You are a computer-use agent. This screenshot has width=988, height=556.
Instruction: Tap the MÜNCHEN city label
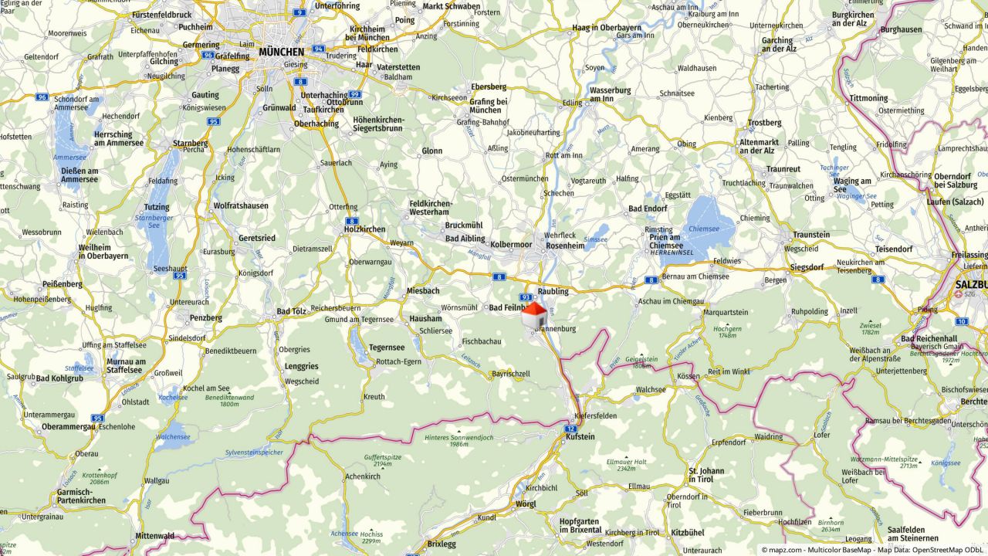(282, 52)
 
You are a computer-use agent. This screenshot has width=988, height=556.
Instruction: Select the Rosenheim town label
(566, 246)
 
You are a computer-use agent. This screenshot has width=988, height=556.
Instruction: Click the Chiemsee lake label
(703, 229)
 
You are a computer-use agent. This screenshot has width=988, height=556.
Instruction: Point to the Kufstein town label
(580, 437)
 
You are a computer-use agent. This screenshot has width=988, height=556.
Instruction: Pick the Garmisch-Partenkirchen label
(81, 496)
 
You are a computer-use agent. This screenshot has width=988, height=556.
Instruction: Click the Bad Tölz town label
(292, 311)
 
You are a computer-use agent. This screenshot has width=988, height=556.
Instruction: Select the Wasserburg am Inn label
(610, 94)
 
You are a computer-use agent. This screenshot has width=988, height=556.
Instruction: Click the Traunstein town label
(811, 235)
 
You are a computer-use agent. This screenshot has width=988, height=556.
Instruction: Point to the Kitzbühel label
(687, 533)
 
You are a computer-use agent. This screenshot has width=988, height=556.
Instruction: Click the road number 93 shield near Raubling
(526, 297)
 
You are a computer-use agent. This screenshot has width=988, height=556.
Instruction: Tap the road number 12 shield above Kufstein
(570, 428)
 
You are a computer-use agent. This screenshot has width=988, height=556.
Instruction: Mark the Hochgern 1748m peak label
(728, 332)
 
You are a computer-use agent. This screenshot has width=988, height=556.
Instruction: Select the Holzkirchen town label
(365, 229)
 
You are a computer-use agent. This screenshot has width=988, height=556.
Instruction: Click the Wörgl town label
(526, 504)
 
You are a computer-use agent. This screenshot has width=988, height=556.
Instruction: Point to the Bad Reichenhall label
(929, 339)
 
